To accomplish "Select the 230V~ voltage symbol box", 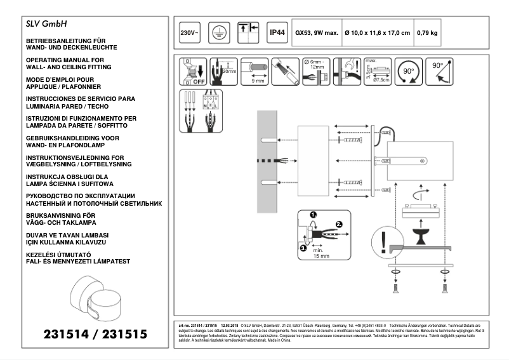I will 188,32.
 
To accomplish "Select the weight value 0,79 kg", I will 427,33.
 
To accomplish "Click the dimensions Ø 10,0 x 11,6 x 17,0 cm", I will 376,33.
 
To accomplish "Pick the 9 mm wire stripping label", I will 258,82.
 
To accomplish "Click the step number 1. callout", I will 314,215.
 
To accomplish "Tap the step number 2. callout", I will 340,224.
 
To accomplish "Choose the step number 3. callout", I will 303,248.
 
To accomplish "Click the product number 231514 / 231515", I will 95,333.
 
